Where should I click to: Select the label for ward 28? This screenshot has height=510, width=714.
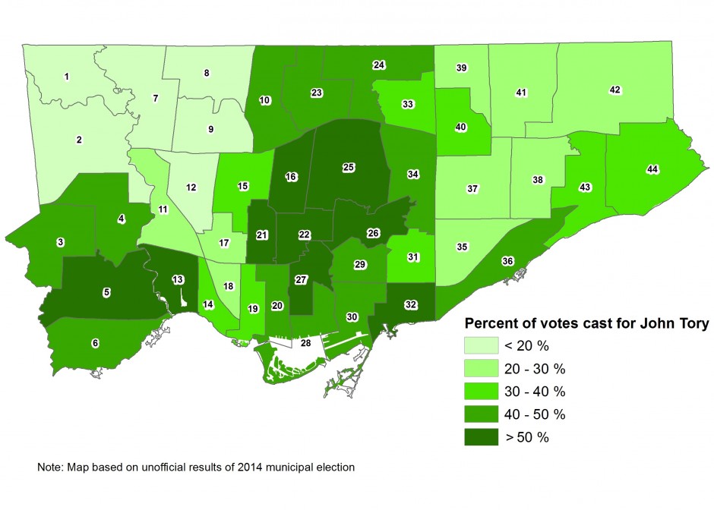tap(305, 344)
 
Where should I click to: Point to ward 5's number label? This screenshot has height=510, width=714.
tap(106, 291)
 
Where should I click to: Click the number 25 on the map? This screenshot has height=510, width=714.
tap(348, 167)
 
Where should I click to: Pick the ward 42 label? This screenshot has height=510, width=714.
tap(615, 90)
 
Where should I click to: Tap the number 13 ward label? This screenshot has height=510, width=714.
tap(177, 280)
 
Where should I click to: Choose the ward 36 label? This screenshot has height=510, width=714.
tap(507, 261)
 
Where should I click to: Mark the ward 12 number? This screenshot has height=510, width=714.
tap(191, 187)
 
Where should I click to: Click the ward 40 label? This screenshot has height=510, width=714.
tap(460, 127)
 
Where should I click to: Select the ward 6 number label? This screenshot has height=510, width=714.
tap(95, 343)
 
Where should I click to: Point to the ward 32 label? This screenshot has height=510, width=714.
tap(411, 304)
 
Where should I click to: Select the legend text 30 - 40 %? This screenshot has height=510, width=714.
tap(535, 392)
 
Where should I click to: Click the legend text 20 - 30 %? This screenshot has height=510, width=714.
tap(535, 370)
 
